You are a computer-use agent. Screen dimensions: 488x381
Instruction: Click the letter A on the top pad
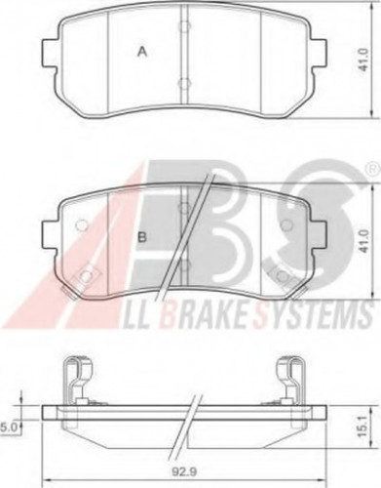[141, 53]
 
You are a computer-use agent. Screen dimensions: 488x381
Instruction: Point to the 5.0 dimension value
[9, 426]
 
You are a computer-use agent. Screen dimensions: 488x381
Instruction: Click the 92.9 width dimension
[186, 476]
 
